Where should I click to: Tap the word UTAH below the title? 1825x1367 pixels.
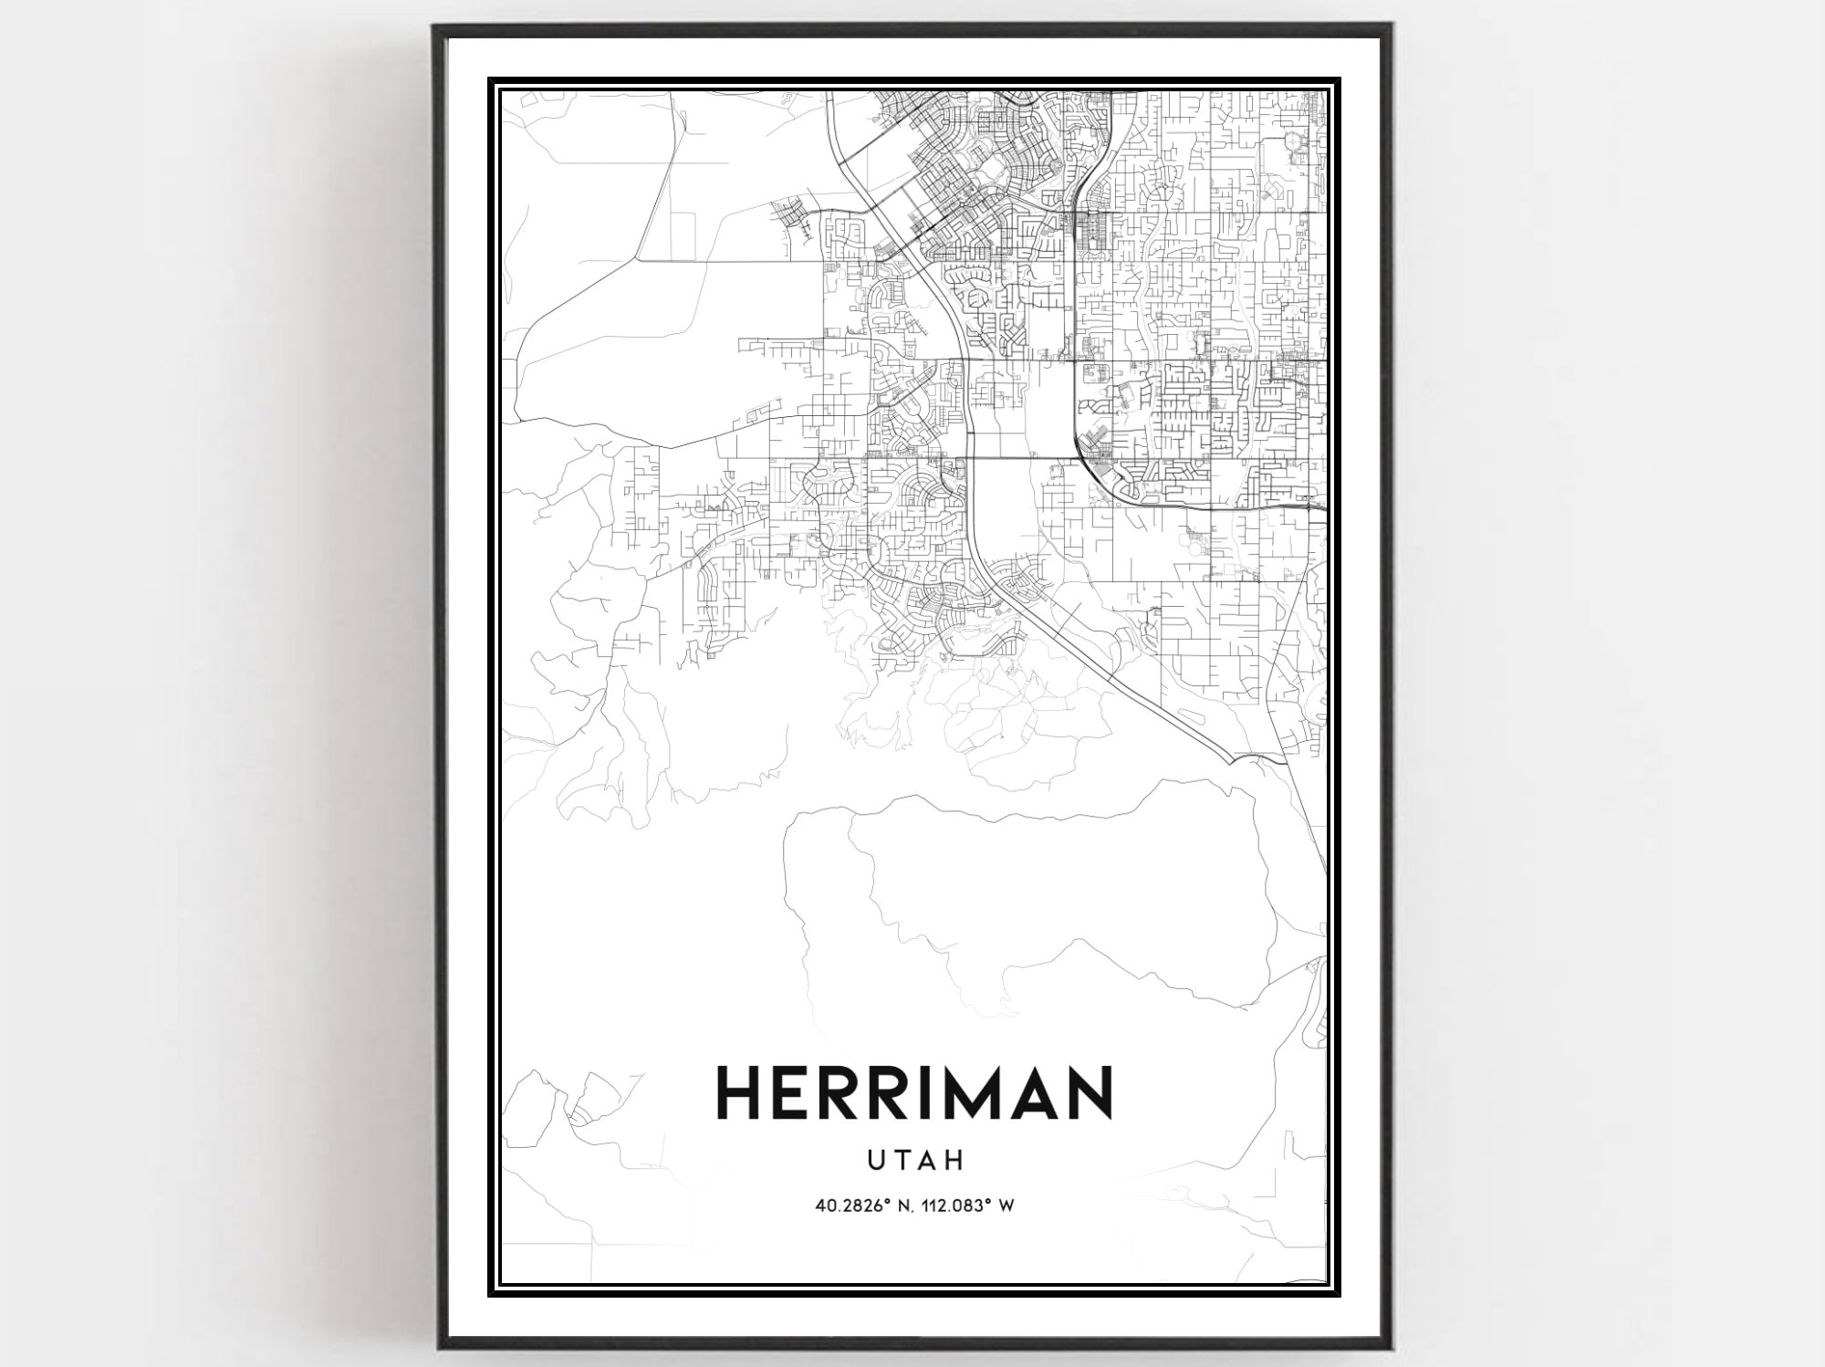pos(914,1160)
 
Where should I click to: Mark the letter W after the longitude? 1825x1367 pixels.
pos(1006,1205)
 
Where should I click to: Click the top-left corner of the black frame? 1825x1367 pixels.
pos(435,26)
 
